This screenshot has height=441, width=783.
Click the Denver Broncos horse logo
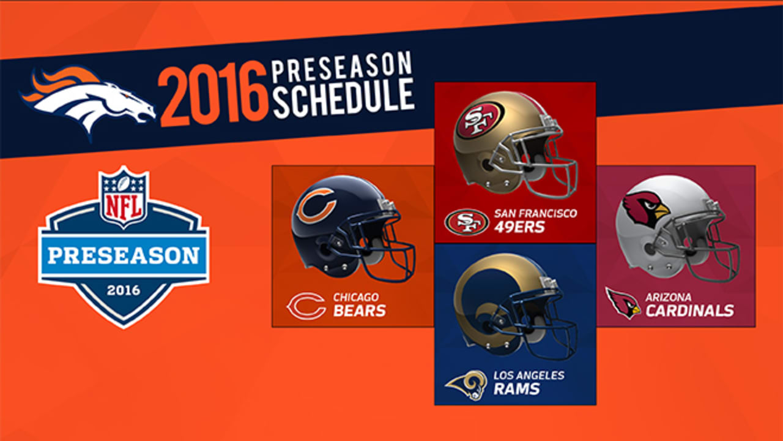point(87,102)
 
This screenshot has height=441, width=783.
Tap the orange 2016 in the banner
point(214,94)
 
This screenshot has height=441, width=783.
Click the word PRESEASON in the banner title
point(342,67)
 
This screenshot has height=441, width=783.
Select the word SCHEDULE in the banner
point(343,98)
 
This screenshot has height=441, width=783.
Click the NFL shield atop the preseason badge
point(124,197)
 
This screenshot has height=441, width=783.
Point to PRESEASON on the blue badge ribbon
point(124,255)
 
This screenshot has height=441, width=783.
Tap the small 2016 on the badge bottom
point(124,290)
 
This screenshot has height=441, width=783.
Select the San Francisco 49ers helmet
point(514,144)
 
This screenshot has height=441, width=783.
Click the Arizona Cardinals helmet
point(677,228)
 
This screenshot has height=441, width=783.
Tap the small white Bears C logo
point(306,306)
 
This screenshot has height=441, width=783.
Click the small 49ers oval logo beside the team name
point(467,222)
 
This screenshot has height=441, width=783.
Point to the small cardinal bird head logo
point(623,303)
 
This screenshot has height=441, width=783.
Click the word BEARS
point(360,311)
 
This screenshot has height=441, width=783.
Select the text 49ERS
point(519,227)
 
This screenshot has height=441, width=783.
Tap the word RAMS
point(517,389)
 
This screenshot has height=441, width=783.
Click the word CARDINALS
point(689,311)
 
